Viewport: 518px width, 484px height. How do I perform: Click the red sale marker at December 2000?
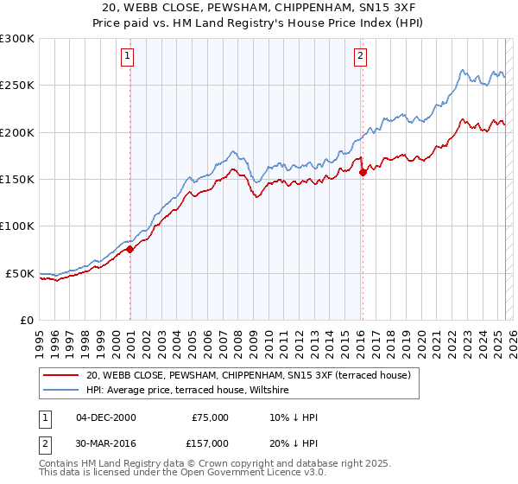coord(130,249)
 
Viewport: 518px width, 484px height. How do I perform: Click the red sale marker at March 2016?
coord(363,172)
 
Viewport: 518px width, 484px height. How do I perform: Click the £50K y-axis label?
coord(20,273)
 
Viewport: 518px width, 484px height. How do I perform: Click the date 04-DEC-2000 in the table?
coord(106,417)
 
